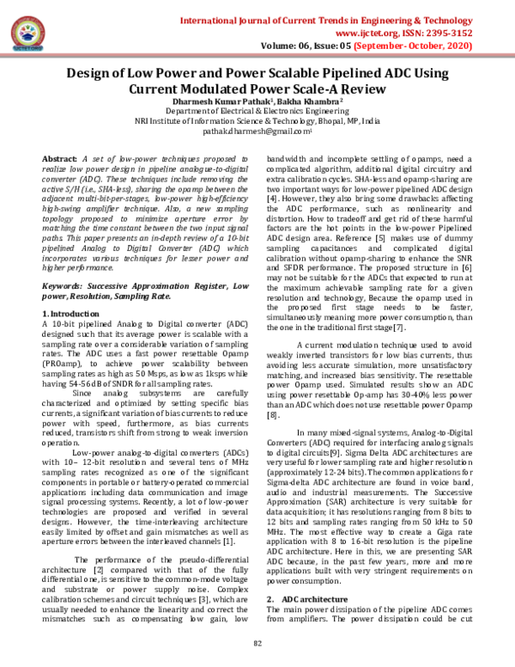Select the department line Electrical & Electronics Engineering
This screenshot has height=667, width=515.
point(257,112)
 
